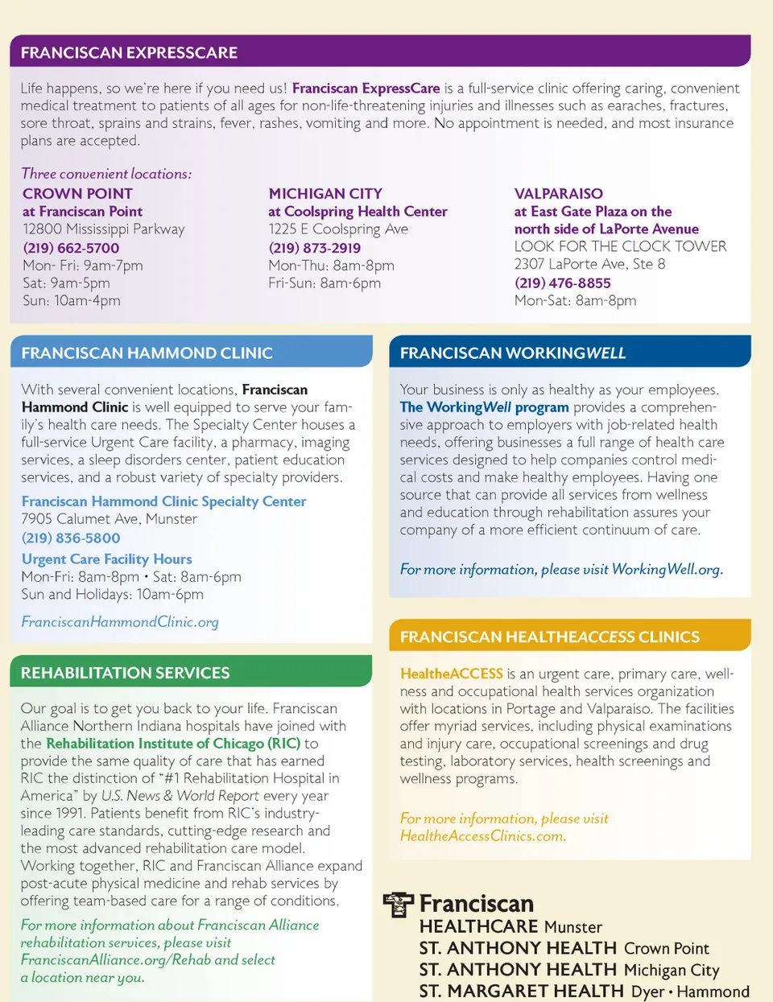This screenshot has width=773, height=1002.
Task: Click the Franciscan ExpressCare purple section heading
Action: point(129,53)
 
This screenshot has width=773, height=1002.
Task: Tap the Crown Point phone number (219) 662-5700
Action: point(71,248)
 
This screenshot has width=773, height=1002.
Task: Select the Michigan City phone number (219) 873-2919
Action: point(315,248)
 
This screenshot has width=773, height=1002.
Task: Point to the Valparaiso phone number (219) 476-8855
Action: point(562,282)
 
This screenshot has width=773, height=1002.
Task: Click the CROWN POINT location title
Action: point(77,194)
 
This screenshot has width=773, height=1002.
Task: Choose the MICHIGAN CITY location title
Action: point(325,194)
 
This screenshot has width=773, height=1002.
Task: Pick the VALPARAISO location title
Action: point(558,194)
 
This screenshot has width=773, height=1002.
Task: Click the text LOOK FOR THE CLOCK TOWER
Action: point(620,246)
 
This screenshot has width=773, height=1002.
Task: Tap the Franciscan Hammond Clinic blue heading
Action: point(147,353)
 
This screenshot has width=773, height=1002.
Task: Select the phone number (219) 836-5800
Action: point(71,538)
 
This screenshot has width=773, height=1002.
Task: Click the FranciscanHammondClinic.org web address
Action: point(120,621)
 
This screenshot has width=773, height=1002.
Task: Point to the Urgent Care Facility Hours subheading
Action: point(106,559)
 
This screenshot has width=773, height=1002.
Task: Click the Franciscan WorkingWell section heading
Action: point(512,353)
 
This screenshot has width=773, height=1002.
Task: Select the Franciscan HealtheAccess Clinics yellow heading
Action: point(549,637)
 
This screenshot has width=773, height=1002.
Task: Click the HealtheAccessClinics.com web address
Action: point(482,835)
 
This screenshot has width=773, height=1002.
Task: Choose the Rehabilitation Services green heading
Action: point(125,673)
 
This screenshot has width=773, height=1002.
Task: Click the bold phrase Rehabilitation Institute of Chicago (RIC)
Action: point(173,743)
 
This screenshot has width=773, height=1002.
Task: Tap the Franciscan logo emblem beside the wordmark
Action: point(398,904)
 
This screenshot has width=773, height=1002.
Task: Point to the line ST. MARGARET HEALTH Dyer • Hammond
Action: point(584,991)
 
